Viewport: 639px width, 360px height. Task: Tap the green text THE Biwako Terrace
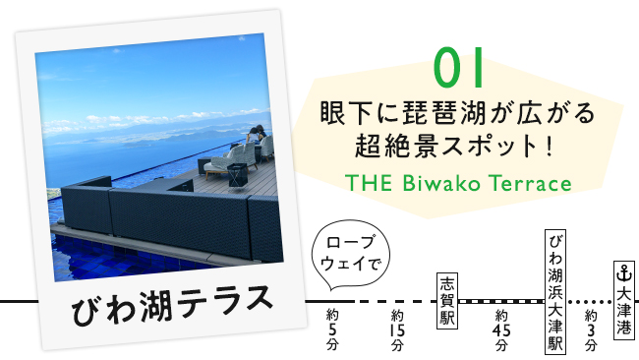coord(458,184)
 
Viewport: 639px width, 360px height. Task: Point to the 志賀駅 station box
coord(448,300)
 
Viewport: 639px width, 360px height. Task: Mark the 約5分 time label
coord(332,330)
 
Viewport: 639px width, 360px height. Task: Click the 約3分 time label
coord(590,330)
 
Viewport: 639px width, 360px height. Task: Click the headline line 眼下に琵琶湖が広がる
coord(458,114)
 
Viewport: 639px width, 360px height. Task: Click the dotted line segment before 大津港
coord(590,300)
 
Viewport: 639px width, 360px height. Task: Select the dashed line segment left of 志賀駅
coord(393,300)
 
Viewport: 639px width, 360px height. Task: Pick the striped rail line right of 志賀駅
coord(501,300)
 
